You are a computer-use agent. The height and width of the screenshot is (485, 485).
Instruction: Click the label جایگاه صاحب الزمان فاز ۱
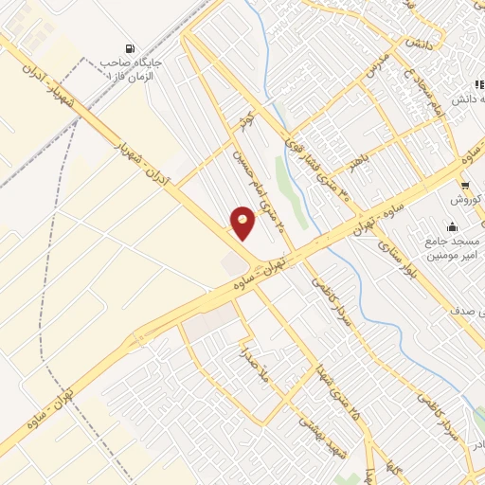[132, 67]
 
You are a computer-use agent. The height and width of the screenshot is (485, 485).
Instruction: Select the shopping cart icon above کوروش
[464, 185]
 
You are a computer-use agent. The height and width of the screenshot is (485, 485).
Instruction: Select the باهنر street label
[356, 164]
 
